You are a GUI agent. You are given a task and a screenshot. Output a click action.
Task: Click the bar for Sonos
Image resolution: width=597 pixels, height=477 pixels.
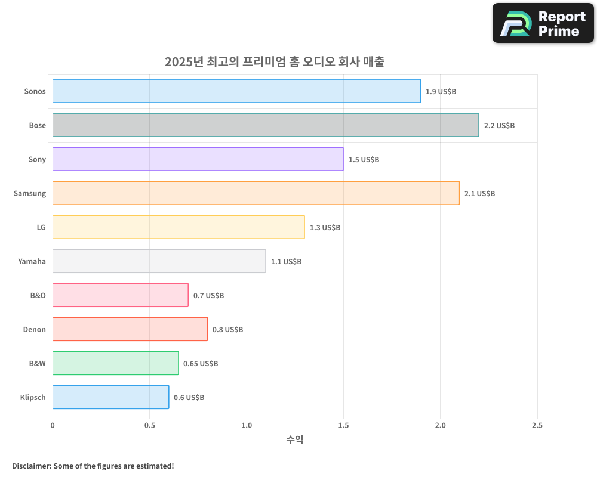point(236,91)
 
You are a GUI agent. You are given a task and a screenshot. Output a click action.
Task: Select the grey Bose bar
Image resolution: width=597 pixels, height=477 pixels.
point(266,125)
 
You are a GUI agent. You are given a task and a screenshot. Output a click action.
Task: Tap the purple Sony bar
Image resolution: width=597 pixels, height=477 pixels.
point(198,159)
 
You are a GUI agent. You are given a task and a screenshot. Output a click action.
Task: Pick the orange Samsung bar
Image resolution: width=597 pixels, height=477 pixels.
point(256,193)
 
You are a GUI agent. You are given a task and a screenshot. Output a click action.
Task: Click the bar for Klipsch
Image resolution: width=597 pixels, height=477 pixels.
point(110,397)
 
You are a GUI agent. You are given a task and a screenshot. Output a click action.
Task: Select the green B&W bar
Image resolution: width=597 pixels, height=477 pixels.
point(115,363)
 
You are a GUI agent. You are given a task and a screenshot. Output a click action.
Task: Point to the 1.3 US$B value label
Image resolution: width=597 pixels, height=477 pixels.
point(325,228)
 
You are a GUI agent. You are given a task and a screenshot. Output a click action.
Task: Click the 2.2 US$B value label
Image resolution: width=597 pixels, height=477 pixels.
point(499,126)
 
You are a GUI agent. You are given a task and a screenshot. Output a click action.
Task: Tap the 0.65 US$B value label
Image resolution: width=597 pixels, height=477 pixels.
point(201,364)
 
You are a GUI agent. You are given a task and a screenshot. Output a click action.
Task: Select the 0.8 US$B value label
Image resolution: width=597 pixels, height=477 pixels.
point(227,330)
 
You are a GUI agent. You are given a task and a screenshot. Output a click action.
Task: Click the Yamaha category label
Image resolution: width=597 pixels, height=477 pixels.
point(32,261)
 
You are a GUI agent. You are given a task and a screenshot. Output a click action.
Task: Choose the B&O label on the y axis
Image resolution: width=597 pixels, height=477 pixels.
point(38,295)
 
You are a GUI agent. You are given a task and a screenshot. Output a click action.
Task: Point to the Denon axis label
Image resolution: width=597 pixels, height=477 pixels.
point(34,329)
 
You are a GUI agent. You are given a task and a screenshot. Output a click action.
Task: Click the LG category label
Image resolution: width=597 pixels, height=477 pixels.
point(41,227)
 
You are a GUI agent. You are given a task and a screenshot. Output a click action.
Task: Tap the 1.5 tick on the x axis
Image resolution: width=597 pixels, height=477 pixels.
point(343,425)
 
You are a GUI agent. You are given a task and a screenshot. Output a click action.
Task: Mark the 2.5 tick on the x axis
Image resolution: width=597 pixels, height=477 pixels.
point(537,425)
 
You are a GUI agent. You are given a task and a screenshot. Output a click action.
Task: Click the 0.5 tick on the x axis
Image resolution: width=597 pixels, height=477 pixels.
point(149,425)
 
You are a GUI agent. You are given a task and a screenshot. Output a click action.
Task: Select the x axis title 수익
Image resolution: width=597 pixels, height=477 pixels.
point(295,440)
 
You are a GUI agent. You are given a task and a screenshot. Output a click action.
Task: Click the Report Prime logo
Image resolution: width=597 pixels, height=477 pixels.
point(543,23)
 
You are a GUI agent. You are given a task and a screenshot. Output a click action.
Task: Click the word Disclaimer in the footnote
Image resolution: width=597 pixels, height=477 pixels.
point(30,466)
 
